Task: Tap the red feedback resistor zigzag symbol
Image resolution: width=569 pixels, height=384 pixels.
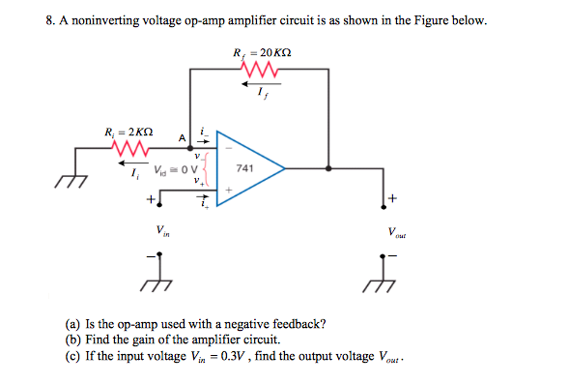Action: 260,71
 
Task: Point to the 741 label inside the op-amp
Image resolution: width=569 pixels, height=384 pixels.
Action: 245,167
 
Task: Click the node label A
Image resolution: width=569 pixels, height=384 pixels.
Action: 180,136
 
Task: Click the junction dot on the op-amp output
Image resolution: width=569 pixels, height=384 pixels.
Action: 329,167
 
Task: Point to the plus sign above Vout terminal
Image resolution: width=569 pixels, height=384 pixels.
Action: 393,198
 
